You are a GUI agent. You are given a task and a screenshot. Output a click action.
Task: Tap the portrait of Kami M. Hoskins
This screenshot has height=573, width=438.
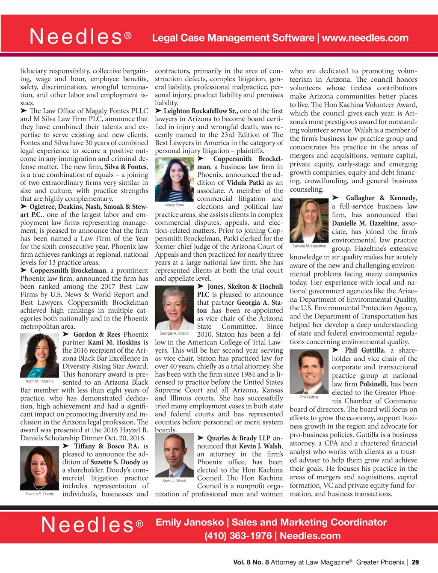(39, 356)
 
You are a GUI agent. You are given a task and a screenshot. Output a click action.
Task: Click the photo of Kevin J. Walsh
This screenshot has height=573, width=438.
(174, 456)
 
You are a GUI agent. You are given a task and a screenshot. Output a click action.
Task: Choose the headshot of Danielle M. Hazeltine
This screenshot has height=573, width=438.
(309, 221)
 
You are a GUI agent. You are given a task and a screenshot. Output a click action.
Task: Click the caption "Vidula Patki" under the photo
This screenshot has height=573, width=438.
(174, 205)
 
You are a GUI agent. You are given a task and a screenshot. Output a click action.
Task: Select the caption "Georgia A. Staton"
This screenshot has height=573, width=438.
(174, 333)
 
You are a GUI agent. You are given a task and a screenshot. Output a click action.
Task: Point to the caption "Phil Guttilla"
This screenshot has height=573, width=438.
(309, 397)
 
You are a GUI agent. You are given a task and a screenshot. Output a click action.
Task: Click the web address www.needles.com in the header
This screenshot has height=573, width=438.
(365, 38)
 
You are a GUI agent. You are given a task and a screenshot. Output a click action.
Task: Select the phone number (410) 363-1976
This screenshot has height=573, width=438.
(238, 536)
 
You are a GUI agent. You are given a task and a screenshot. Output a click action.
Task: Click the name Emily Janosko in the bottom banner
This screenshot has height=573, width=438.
(189, 523)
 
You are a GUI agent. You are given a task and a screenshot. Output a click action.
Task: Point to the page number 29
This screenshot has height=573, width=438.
(415, 562)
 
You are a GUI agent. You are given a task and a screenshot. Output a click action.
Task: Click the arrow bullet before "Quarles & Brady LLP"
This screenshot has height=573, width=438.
(200, 438)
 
